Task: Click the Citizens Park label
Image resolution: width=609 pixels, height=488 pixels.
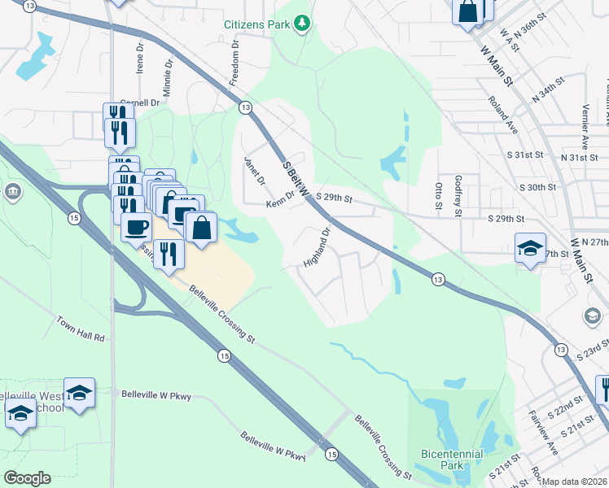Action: pyautogui.click(x=257, y=24)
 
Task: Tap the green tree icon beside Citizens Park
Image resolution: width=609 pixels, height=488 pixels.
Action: pyautogui.click(x=303, y=23)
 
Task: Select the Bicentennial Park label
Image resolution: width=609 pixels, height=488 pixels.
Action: pyautogui.click(x=452, y=460)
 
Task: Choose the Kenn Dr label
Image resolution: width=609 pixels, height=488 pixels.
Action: pyautogui.click(x=279, y=199)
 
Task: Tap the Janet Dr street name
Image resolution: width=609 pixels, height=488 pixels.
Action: pyautogui.click(x=255, y=170)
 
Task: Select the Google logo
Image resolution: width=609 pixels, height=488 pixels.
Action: pyautogui.click(x=27, y=478)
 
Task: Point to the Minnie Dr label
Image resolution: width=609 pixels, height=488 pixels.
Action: pyautogui.click(x=168, y=76)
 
